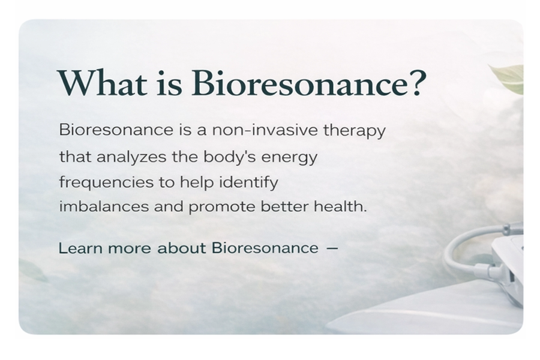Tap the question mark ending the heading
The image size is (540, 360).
click(416, 83)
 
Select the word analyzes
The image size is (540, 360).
click(131, 157)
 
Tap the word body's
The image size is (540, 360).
click(229, 157)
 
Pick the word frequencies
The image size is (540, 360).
click(106, 182)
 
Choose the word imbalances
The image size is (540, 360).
click(104, 206)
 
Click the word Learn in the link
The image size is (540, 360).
click(80, 248)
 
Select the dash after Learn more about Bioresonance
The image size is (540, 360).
click(332, 248)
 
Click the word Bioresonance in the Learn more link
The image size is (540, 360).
click(265, 248)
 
